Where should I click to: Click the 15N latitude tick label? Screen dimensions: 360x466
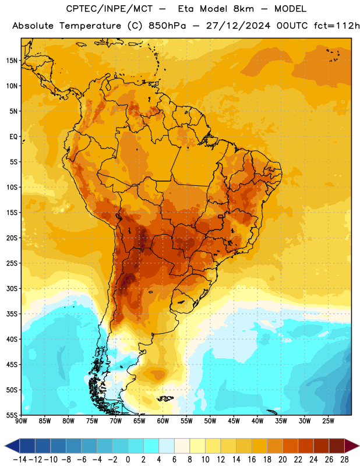(12, 61)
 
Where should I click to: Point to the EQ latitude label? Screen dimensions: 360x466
(13, 137)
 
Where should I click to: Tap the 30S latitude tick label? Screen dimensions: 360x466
(12, 288)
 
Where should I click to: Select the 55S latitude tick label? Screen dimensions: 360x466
(12, 415)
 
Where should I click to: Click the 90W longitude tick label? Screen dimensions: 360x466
(21, 421)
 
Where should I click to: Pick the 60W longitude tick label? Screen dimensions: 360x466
(163, 421)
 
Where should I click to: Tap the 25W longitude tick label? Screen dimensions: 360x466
(328, 421)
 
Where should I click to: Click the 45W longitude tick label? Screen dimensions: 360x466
(234, 421)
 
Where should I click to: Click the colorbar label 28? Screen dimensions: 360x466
(344, 460)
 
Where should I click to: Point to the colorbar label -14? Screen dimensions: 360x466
(20, 460)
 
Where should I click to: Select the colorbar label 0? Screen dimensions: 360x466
(128, 460)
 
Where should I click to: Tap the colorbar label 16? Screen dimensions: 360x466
(252, 460)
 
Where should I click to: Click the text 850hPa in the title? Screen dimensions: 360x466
(167, 26)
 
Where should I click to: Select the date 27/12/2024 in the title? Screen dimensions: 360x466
(238, 26)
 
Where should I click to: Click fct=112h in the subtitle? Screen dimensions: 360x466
(337, 26)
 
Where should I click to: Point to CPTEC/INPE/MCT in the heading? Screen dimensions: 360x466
(109, 9)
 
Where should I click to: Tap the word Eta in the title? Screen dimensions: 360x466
(186, 9)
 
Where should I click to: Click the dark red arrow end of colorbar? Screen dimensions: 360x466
(351, 446)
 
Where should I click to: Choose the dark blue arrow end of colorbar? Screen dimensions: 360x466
(12, 446)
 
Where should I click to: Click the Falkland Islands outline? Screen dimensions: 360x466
(165, 398)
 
